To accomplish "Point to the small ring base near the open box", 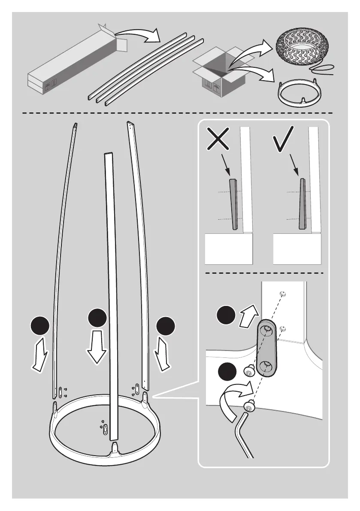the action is [x=301, y=91].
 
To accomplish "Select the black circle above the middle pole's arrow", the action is [x=97, y=318].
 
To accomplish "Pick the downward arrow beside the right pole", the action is [x=163, y=353].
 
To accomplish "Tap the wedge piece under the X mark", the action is [x=233, y=204].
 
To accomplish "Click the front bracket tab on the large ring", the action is [x=115, y=449].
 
